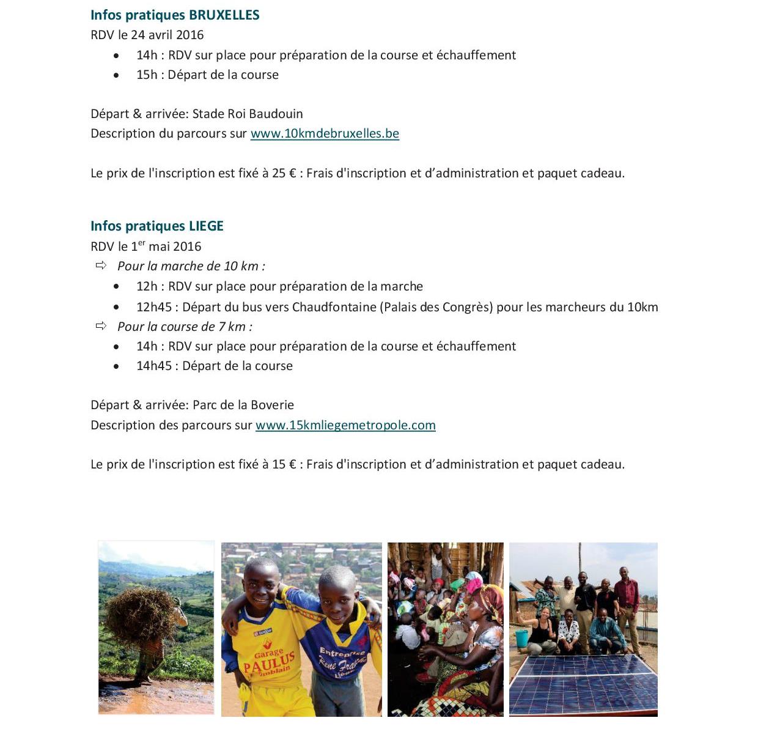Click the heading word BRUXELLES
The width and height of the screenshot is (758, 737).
coord(224,15)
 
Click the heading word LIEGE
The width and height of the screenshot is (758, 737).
coord(206,226)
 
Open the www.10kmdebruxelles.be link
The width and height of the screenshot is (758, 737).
coord(325,133)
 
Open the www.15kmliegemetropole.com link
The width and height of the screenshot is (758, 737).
coord(345,425)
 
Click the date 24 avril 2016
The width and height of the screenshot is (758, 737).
coord(167,35)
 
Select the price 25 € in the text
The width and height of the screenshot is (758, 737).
coord(284,173)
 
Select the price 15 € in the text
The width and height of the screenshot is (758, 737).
coord(284,464)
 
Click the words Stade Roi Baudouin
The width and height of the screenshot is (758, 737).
coord(248,114)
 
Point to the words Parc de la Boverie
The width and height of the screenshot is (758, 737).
coord(243,405)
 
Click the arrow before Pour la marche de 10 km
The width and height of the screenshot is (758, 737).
coord(101,265)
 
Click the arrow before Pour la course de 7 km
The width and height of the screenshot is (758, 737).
coord(101,326)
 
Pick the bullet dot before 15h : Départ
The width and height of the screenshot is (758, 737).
coord(116,75)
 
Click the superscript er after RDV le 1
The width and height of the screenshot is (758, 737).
coord(141,243)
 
